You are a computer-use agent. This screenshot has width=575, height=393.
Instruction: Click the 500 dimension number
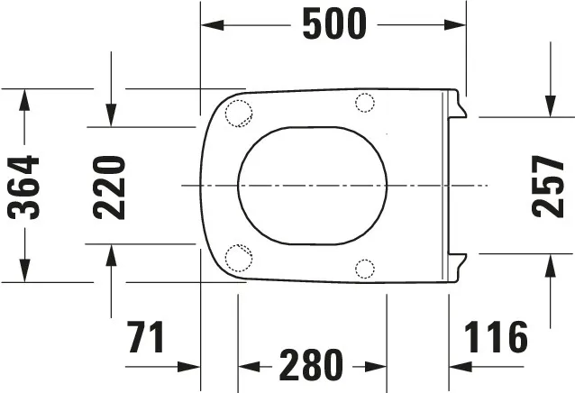click(333, 24)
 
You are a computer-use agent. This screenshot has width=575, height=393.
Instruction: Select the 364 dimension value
click(24, 187)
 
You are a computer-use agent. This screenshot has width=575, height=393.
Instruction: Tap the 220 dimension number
click(110, 187)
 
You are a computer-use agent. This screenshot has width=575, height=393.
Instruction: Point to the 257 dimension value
click(548, 186)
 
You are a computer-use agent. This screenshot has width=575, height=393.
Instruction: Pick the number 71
click(147, 337)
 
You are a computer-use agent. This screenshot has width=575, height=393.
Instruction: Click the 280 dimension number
click(311, 366)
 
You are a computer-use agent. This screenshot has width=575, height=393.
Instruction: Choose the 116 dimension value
click(496, 337)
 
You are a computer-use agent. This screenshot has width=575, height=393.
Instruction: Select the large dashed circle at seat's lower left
click(238, 258)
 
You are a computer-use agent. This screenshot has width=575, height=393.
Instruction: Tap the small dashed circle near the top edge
click(364, 103)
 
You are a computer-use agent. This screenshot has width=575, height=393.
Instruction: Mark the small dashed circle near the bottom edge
click(364, 268)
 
